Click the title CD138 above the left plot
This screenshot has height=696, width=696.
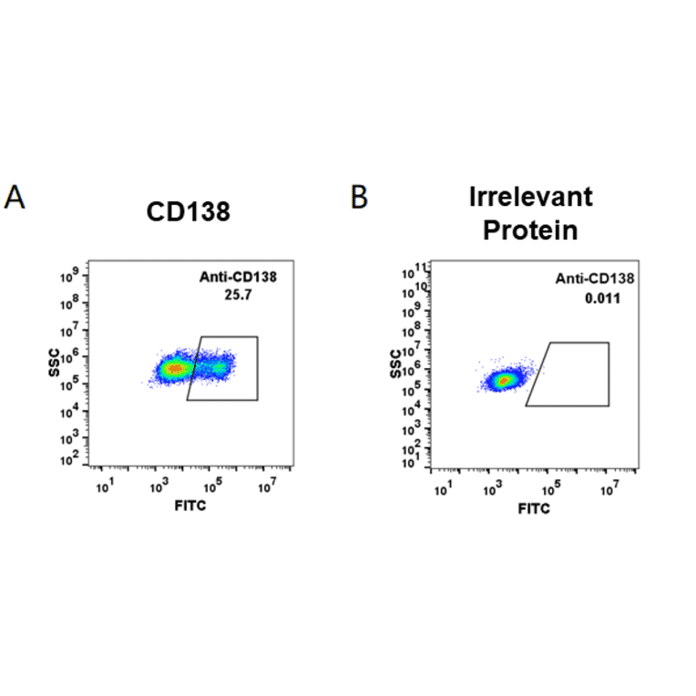click(x=189, y=213)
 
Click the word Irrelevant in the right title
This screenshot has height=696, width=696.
click(x=530, y=197)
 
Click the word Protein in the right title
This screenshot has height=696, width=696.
click(x=530, y=230)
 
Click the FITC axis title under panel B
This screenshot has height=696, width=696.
click(x=534, y=507)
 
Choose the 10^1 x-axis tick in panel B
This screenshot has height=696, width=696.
click(x=443, y=490)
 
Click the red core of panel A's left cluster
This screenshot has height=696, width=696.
click(x=173, y=369)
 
